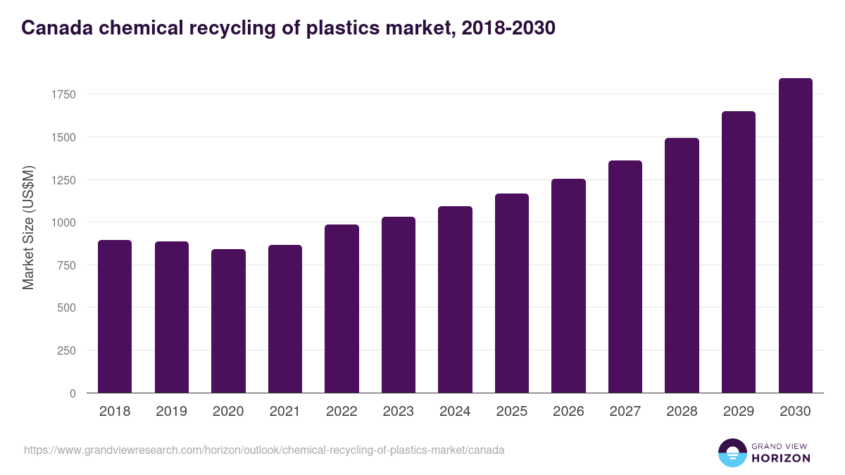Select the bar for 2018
[x=115, y=317]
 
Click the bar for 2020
[x=228, y=321]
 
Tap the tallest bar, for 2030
[x=795, y=236]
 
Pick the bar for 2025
[x=512, y=293]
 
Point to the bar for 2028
[x=682, y=265]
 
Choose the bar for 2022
[x=342, y=309]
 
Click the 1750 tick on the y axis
[x=63, y=94]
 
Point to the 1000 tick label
[x=63, y=222]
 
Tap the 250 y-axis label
[x=66, y=350]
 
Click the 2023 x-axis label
[x=399, y=412]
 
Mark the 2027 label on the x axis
[x=625, y=412]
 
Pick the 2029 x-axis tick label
[x=739, y=412]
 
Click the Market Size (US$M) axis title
[x=28, y=227]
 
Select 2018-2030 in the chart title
[x=508, y=28]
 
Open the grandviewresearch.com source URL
[x=264, y=450]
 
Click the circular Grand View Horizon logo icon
[x=732, y=452]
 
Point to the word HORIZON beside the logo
[x=782, y=458]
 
